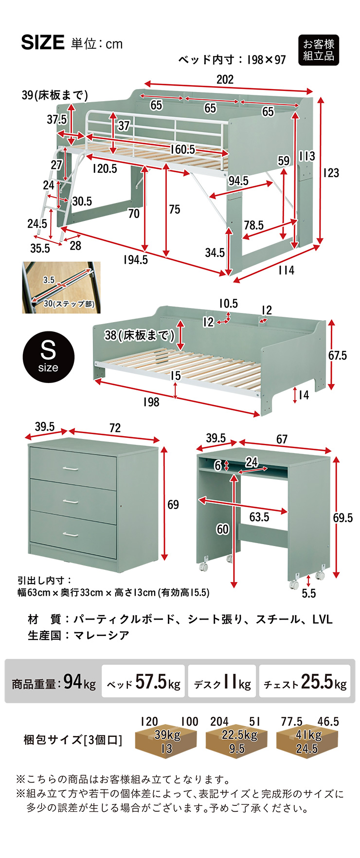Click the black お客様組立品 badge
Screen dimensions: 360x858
tap(318, 50)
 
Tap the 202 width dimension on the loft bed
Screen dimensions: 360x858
tap(225, 79)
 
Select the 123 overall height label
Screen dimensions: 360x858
tap(331, 173)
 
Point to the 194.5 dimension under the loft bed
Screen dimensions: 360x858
tap(135, 260)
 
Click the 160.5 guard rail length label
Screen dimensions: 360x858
tap(183, 149)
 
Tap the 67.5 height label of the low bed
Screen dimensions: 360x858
tap(338, 356)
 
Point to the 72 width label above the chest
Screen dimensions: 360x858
tap(115, 428)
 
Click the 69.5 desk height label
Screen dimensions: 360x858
tap(343, 518)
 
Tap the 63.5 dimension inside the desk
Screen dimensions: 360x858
tap(259, 517)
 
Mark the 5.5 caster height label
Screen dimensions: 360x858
tap(308, 593)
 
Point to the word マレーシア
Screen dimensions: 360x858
tap(101, 635)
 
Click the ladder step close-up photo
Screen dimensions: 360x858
tap(61, 288)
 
